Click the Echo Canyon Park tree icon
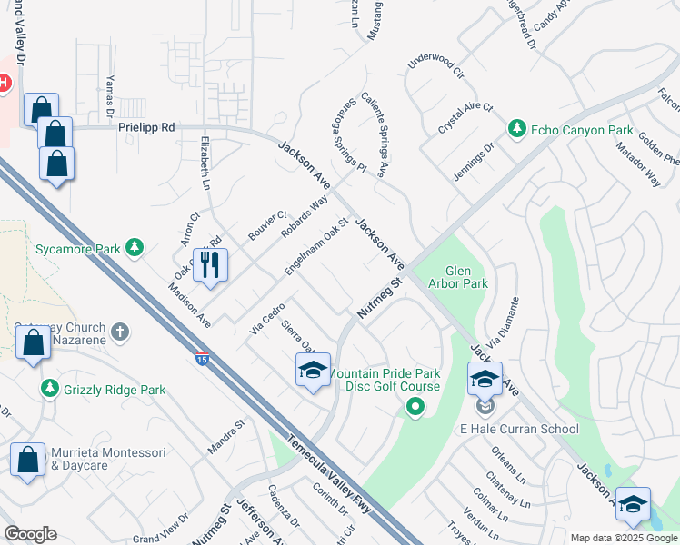pyautogui.click(x=517, y=128)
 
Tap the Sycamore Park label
pyautogui.click(x=77, y=247)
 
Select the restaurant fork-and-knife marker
pyautogui.click(x=210, y=265)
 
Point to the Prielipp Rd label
pyautogui.click(x=145, y=128)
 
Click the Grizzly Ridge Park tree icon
pyautogui.click(x=50, y=389)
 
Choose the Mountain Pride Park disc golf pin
pyautogui.click(x=415, y=407)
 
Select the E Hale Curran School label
pyautogui.click(x=518, y=429)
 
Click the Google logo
pyautogui.click(x=30, y=534)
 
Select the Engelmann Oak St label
pyautogui.click(x=316, y=247)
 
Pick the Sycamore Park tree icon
pyautogui.click(x=135, y=247)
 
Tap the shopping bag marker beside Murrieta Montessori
pyautogui.click(x=27, y=460)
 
